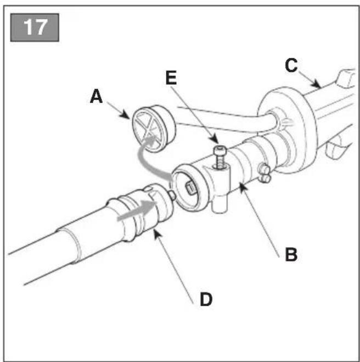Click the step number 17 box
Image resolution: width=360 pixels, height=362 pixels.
[x=35, y=27]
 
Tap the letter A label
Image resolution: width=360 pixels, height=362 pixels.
[x=96, y=96]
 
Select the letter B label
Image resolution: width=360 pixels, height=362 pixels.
[x=291, y=254]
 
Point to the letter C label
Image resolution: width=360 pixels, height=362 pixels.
[x=291, y=65]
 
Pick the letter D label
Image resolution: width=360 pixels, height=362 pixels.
[x=206, y=299]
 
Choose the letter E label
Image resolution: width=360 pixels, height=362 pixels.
[x=171, y=78]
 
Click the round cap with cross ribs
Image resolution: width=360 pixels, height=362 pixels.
[x=153, y=129]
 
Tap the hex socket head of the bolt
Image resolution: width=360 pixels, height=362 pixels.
[x=220, y=151]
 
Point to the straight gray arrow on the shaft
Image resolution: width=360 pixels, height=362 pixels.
[x=137, y=210]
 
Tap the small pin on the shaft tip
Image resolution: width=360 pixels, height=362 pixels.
[x=172, y=195]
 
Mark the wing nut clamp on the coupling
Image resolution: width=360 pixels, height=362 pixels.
[x=264, y=172]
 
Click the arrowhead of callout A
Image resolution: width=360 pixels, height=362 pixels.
[x=126, y=114]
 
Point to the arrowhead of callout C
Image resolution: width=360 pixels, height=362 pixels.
[x=317, y=85]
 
